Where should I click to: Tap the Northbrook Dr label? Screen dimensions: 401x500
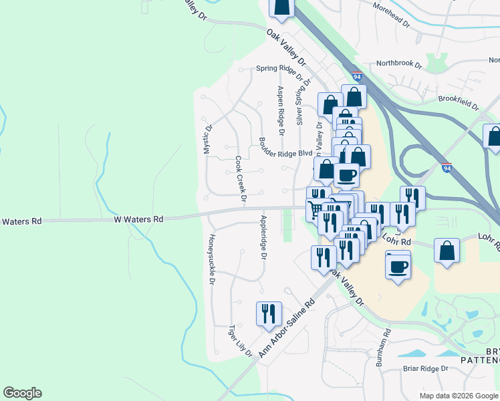pos(399,65)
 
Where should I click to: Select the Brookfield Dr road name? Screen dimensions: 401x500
pos(459,102)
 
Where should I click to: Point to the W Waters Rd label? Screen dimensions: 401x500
pos(138,219)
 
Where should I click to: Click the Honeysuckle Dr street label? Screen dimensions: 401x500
pos(211,260)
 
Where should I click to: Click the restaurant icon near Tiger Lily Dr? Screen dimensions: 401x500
pos(269,314)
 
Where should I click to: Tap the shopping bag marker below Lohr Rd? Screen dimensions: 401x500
pos(447,252)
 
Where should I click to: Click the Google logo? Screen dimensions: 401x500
pos(22,393)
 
